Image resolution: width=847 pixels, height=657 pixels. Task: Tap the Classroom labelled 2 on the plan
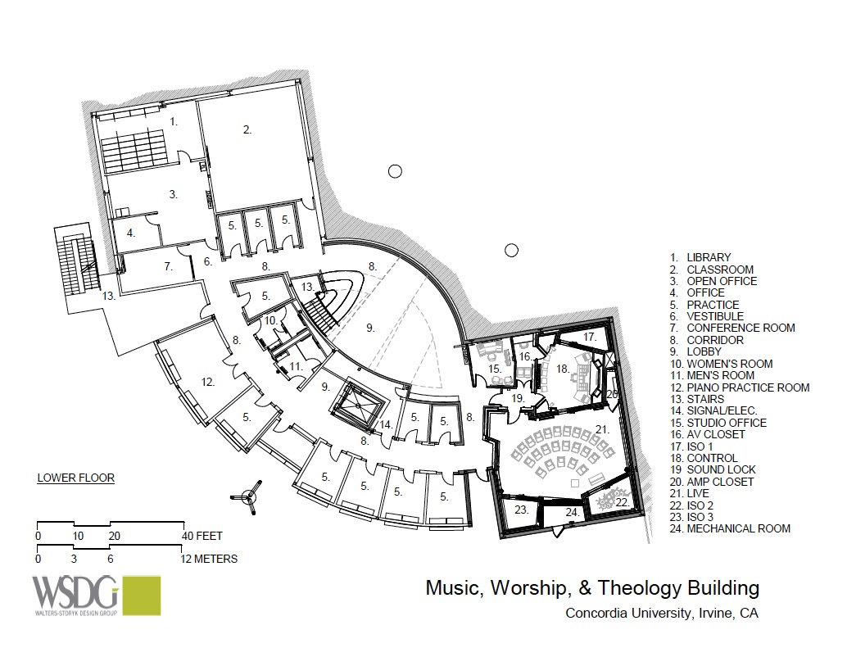(247, 129)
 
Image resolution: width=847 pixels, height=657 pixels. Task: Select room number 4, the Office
(130, 233)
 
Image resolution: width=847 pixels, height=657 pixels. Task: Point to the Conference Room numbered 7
(168, 266)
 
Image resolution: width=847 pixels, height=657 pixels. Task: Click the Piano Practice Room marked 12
(207, 381)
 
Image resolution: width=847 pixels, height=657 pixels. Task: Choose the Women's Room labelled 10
(270, 321)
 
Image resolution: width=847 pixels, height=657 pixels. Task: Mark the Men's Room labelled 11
(296, 367)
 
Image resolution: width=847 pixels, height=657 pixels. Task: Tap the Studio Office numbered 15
(496, 369)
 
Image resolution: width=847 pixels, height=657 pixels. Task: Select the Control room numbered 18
(563, 370)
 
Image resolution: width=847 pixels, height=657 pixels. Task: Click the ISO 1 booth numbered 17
(590, 337)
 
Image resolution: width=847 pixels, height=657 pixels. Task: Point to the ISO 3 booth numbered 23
(521, 510)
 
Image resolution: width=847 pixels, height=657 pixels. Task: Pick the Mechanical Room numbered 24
(573, 512)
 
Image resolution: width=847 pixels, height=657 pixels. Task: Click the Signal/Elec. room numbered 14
(385, 424)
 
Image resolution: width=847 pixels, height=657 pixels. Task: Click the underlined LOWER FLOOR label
(75, 477)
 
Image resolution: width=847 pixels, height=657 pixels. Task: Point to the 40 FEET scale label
(203, 537)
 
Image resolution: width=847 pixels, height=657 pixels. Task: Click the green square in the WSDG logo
(138, 596)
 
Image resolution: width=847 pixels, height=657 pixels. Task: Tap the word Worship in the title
(551, 587)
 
